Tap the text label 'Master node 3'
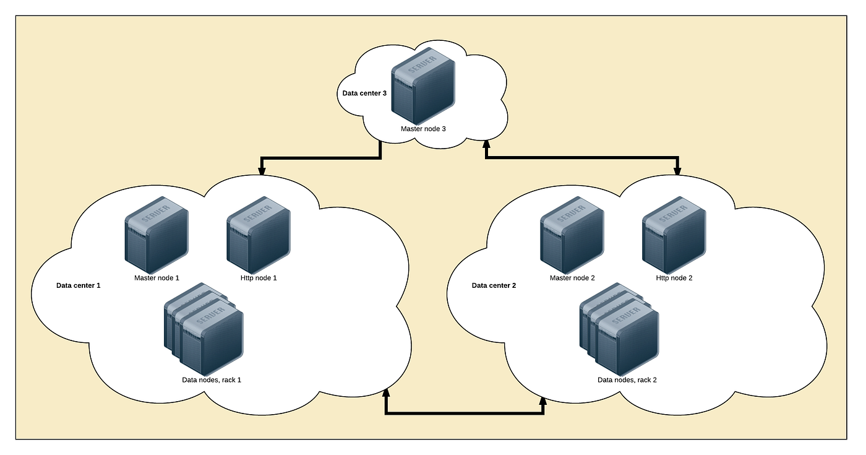tap(423, 129)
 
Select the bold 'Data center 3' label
tap(364, 93)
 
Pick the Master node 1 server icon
tap(156, 235)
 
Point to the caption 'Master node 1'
tap(156, 278)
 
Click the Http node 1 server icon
tap(259, 235)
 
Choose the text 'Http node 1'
tap(259, 278)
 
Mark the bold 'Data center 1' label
tap(78, 286)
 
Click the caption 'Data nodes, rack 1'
tap(212, 379)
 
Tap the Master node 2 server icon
tap(572, 235)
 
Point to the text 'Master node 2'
tap(572, 278)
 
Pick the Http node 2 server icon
tap(674, 235)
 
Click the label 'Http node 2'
tap(674, 278)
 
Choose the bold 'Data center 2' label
tap(494, 286)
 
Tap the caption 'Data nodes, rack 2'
tap(627, 379)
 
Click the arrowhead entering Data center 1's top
tap(262, 171)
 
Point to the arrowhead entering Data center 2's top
tap(678, 171)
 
